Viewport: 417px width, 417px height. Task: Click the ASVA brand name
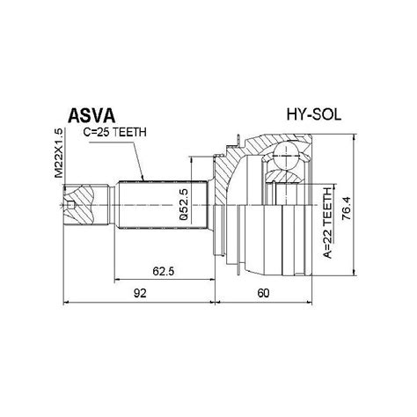(x=91, y=116)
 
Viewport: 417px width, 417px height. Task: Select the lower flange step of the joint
(x=232, y=255)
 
